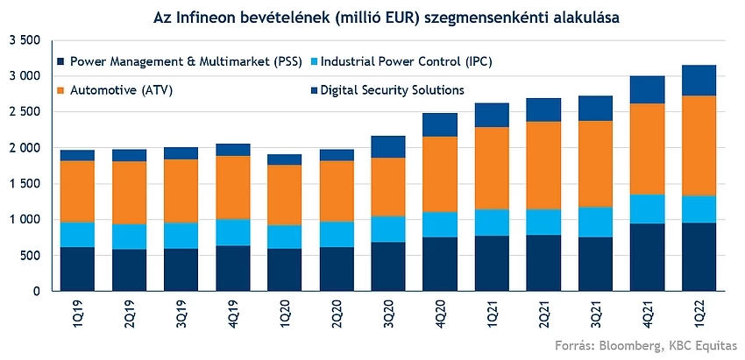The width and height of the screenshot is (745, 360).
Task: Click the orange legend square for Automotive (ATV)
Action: pyautogui.click(x=60, y=90)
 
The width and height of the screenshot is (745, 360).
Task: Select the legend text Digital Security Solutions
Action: pyautogui.click(x=392, y=89)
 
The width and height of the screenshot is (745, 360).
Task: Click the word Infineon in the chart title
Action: pyautogui.click(x=230, y=15)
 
